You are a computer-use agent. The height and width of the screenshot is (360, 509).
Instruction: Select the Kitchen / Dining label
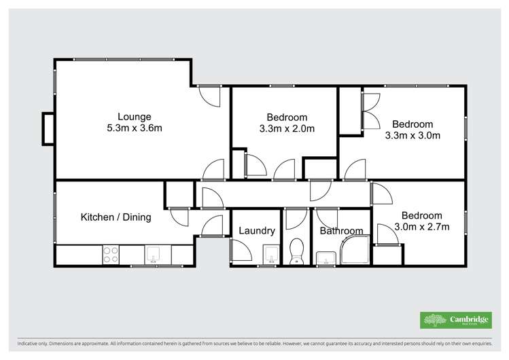pos(116,217)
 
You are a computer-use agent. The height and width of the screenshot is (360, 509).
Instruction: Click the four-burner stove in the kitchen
pos(110,255)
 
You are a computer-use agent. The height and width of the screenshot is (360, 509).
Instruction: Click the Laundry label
pos(257,231)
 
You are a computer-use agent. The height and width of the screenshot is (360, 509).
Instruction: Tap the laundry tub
pos(270,255)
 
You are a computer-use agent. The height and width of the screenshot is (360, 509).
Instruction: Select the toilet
pos(296,251)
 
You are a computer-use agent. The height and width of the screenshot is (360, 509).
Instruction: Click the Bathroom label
pos(341,231)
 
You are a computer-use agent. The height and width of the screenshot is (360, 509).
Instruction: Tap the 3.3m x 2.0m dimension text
pos(287,128)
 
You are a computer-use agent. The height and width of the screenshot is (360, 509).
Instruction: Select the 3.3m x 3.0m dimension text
pos(413,134)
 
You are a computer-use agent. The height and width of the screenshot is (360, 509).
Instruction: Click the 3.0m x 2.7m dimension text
pos(421,227)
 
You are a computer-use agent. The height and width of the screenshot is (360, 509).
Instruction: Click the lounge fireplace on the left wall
pos(48,128)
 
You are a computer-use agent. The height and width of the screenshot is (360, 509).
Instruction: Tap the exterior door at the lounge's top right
pos(210,95)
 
